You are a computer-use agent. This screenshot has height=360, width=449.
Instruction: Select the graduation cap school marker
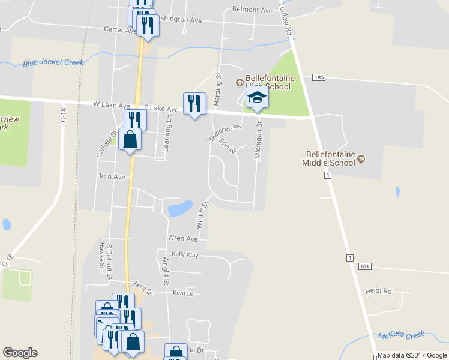click(257, 99)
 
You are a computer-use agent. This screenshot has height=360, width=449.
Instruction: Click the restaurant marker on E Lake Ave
click(194, 104)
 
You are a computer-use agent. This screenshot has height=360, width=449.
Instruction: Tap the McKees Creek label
click(401, 335)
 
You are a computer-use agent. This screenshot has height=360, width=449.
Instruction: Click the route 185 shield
click(319, 78)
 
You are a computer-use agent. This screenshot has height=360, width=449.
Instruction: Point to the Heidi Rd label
click(378, 291)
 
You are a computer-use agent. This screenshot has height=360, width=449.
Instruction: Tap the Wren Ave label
click(183, 238)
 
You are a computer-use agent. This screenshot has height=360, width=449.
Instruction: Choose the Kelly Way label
click(185, 255)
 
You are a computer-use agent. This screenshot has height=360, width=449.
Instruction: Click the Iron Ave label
click(112, 177)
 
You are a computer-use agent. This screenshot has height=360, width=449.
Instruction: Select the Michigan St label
click(259, 140)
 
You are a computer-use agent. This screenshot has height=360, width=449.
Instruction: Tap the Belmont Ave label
click(252, 10)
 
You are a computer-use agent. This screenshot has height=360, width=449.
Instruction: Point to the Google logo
click(20, 353)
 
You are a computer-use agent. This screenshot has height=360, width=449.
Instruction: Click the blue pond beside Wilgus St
click(180, 209)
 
